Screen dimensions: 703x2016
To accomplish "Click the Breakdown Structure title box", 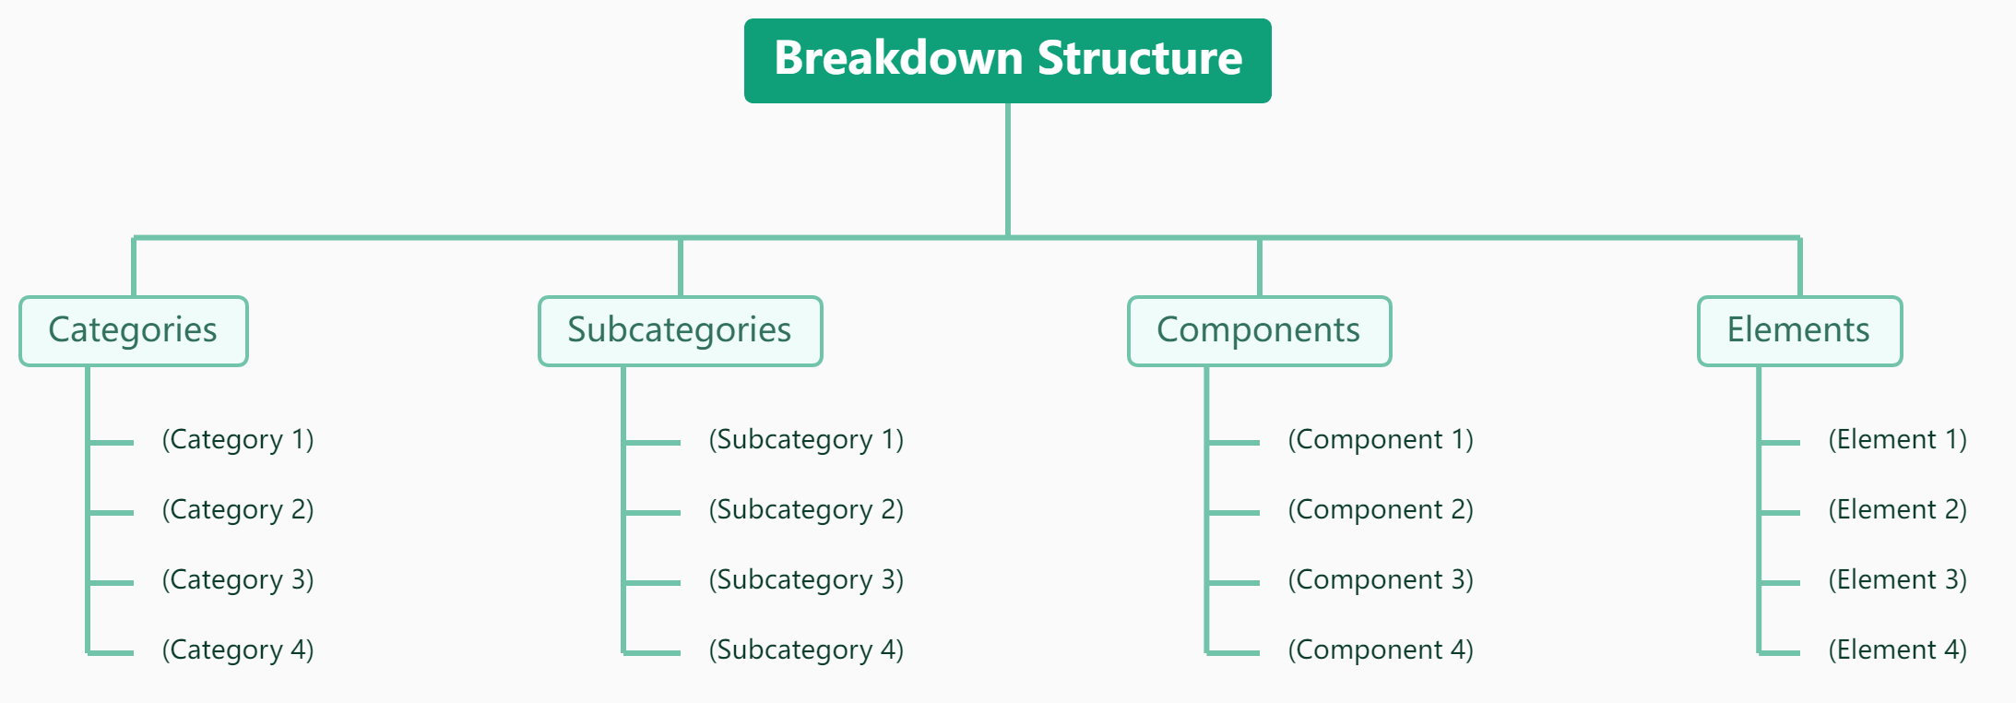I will (1007, 60).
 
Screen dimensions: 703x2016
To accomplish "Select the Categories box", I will (134, 330).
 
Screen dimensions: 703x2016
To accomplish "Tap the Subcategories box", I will (680, 330).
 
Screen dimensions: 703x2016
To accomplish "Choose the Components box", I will (1259, 330).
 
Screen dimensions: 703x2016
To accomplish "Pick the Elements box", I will (1799, 330).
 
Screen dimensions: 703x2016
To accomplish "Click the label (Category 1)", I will (238, 440).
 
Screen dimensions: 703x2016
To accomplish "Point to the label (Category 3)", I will (238, 580).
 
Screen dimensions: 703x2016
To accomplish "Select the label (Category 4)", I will (238, 650).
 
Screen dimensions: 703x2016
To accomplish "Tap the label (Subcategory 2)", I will (806, 510).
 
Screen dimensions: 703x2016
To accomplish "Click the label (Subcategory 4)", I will (806, 650).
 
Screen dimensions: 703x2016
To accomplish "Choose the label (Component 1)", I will (1381, 440).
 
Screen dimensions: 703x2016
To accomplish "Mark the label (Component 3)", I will (1381, 580).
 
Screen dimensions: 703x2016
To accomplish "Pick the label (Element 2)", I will (1897, 510).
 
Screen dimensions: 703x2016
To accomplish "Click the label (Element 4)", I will (1897, 650).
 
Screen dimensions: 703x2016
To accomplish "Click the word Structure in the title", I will (1140, 58).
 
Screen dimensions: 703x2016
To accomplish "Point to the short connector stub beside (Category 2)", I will (112, 513).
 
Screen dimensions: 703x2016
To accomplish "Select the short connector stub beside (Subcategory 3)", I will (653, 583).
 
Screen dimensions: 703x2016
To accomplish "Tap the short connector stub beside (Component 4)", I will (1234, 653).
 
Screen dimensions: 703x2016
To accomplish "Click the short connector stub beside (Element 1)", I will (1780, 443).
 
